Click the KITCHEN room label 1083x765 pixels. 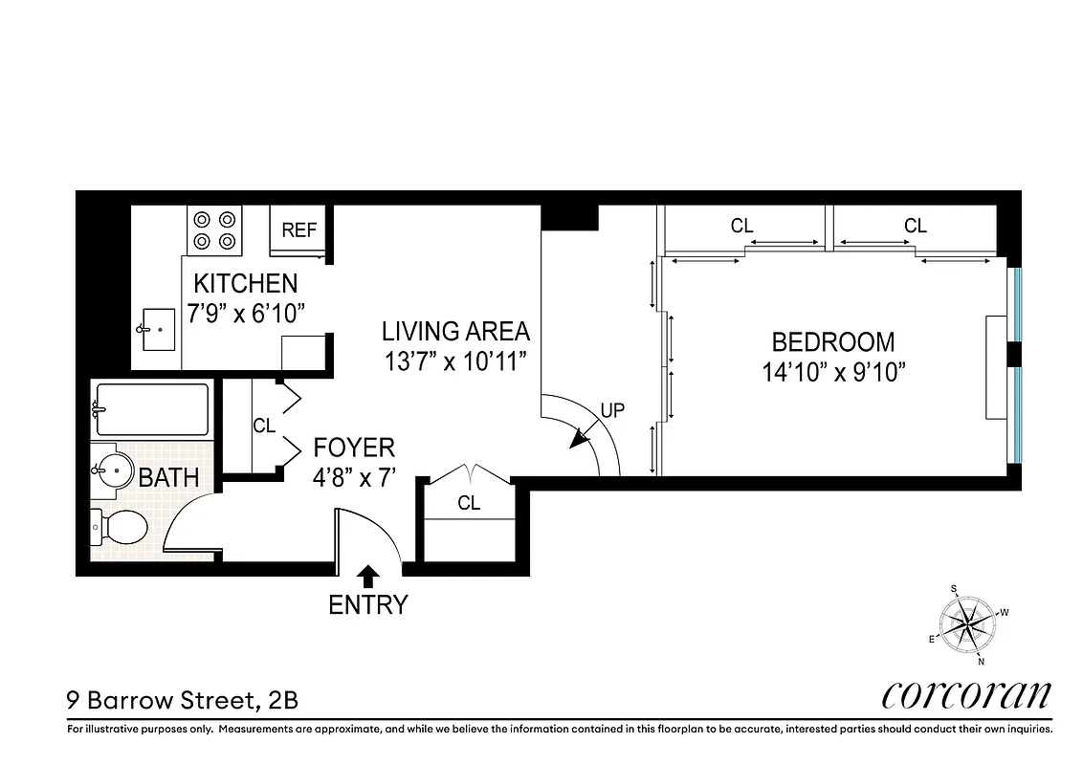click(246, 283)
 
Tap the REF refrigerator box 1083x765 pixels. click(298, 230)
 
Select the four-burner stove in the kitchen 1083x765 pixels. click(214, 229)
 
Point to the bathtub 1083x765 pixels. click(152, 409)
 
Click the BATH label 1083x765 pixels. click(169, 477)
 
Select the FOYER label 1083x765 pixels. click(354, 448)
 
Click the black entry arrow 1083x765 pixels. click(367, 576)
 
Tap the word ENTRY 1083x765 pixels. click(368, 605)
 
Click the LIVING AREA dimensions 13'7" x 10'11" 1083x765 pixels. click(455, 363)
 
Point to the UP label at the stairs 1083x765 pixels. click(612, 410)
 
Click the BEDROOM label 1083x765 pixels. click(833, 341)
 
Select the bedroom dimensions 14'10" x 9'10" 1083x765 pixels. click(833, 372)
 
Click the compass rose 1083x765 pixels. click(969, 624)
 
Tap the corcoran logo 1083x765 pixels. click(965, 695)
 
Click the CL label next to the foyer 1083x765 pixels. click(264, 426)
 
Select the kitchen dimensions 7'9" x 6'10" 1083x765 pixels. click(246, 314)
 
